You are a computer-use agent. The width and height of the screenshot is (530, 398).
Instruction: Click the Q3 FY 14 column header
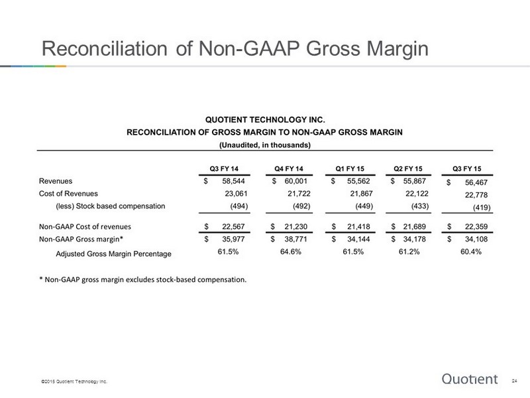coord(224,168)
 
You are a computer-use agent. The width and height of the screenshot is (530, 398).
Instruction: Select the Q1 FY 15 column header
coord(350,168)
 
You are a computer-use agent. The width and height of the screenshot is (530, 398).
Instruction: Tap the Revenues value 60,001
coord(295,181)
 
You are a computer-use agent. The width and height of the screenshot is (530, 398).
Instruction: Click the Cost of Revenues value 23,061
coord(236,194)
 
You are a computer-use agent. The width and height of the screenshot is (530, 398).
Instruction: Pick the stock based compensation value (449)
coord(364,206)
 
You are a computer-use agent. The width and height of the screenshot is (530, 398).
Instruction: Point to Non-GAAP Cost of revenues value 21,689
coord(415,226)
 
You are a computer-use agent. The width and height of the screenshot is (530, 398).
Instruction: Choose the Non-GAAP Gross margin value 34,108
coord(476,239)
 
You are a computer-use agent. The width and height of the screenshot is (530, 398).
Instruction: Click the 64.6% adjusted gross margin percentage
coord(291,252)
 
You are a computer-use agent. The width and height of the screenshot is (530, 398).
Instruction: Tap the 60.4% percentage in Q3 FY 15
coord(471,252)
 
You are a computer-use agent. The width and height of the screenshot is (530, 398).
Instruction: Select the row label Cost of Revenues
coord(68,194)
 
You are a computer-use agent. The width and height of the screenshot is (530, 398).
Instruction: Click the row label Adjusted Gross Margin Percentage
coord(113,254)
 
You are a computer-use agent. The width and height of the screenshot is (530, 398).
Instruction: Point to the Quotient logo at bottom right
coord(470,379)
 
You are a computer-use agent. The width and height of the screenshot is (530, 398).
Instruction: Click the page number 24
coord(515,381)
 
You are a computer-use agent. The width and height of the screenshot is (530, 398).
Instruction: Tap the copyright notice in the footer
coord(74,381)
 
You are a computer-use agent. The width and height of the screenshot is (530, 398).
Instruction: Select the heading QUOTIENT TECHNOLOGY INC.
coord(265,120)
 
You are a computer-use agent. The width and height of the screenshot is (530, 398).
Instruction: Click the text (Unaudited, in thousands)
coord(265,145)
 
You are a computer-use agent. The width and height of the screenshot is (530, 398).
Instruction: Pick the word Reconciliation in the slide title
coord(105,48)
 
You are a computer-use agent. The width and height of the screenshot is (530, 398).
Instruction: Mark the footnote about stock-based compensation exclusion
coord(143,279)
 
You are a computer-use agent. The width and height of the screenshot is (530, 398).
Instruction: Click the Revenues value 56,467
coord(476,182)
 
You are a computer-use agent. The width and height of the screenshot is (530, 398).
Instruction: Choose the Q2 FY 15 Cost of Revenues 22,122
coord(417,194)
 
